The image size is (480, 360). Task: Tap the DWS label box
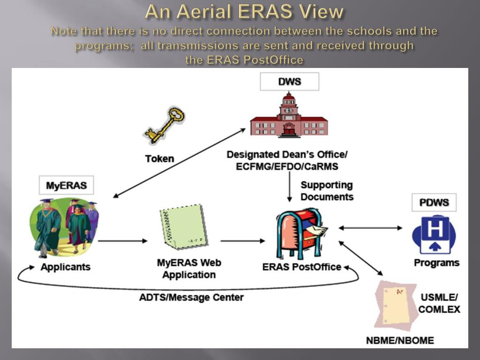point(290,82)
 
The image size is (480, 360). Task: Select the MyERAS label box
point(66,185)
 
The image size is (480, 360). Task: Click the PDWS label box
point(434,202)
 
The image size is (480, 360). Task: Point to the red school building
point(289,117)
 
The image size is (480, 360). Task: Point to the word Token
point(159,158)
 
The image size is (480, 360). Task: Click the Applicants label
point(65,267)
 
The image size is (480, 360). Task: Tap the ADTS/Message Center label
point(191,297)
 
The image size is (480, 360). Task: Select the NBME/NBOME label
point(400,340)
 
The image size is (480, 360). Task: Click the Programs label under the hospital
point(436,262)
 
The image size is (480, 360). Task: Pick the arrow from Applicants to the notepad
point(123,241)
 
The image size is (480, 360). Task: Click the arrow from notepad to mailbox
point(243,241)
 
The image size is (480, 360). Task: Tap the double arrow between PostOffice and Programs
point(370,228)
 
